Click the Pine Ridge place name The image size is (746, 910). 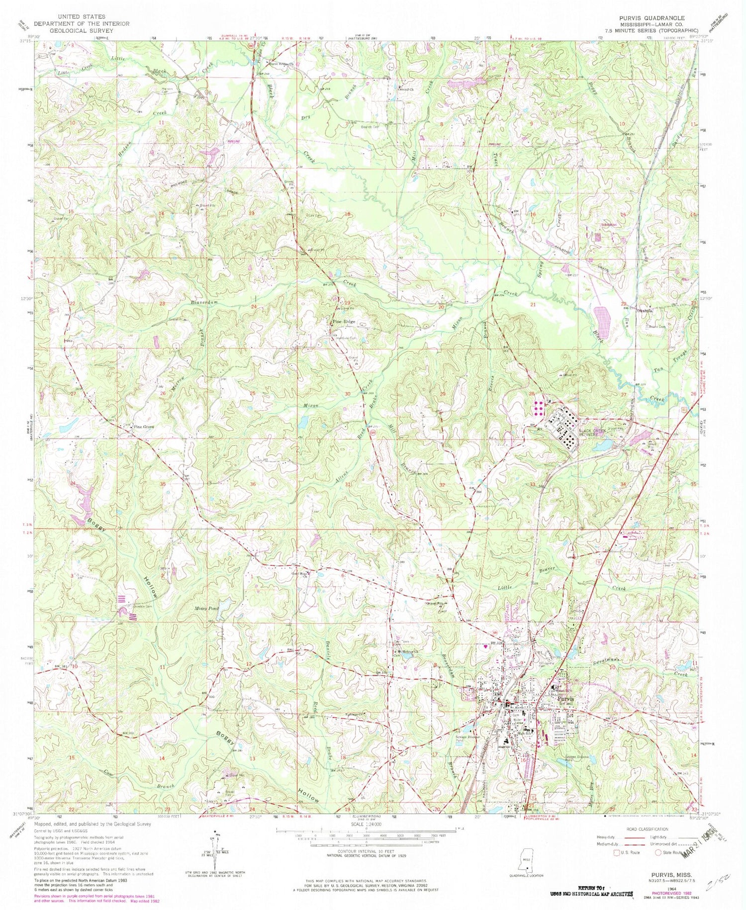(345, 322)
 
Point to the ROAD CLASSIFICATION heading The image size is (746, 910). (654, 829)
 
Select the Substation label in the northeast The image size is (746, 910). (609, 225)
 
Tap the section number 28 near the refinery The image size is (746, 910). (532, 394)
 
